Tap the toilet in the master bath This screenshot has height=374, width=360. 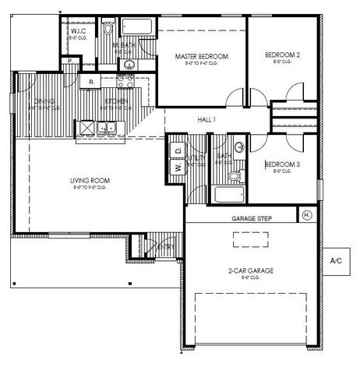109,30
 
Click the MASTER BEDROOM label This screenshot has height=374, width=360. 201,57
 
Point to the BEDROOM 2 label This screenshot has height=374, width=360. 282,55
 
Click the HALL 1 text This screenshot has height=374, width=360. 206,119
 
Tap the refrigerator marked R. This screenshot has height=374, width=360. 91,81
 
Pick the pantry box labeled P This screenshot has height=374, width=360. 70,61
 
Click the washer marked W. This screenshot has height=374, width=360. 177,167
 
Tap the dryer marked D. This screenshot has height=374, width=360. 177,149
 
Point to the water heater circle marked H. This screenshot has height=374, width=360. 306,214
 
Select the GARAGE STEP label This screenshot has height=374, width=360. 251,220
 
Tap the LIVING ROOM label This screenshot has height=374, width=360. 91,181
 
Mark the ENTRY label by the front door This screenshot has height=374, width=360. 164,247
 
